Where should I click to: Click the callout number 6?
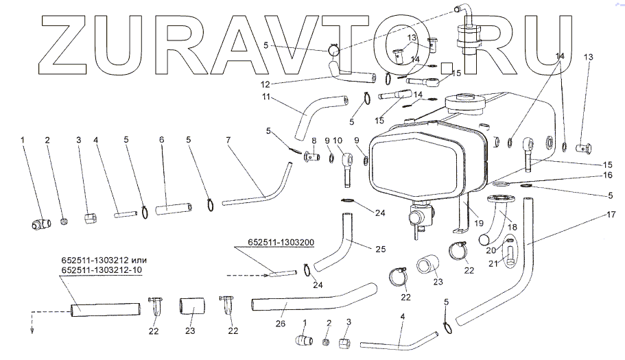click(161, 140)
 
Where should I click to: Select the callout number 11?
click(266, 97)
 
